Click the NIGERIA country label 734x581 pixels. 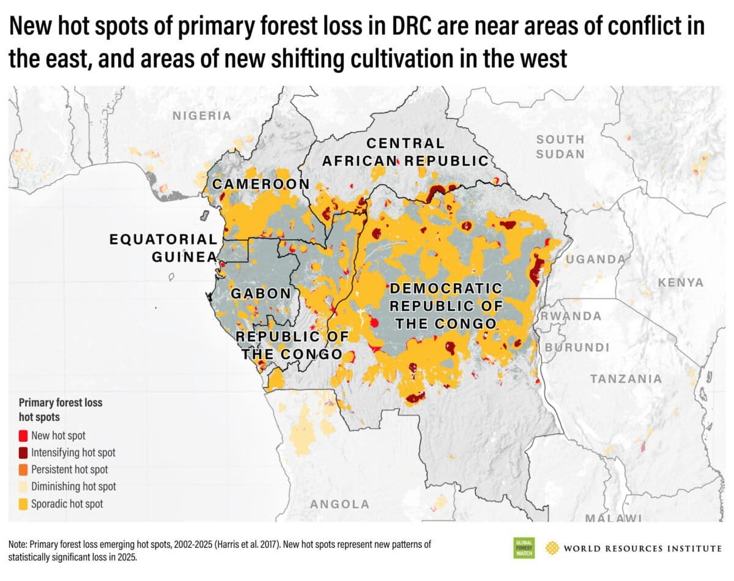[x=202, y=116]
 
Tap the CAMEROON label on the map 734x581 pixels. [x=261, y=185]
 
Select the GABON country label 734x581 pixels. [x=261, y=294]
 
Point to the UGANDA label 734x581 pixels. [x=595, y=259]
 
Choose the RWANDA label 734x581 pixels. [x=571, y=316]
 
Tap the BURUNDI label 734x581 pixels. [x=577, y=347]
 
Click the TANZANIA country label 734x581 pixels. [x=625, y=379]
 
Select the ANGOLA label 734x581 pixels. [x=339, y=505]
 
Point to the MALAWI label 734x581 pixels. [x=613, y=518]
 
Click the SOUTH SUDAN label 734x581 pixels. [x=560, y=147]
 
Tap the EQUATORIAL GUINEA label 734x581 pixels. [x=163, y=248]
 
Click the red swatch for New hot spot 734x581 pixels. [x=23, y=436]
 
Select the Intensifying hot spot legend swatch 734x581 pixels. [x=23, y=453]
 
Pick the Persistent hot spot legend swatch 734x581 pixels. [x=23, y=470]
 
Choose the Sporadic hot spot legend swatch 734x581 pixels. [x=23, y=505]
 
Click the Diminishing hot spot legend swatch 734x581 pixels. [x=23, y=487]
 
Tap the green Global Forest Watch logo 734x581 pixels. [x=524, y=547]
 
